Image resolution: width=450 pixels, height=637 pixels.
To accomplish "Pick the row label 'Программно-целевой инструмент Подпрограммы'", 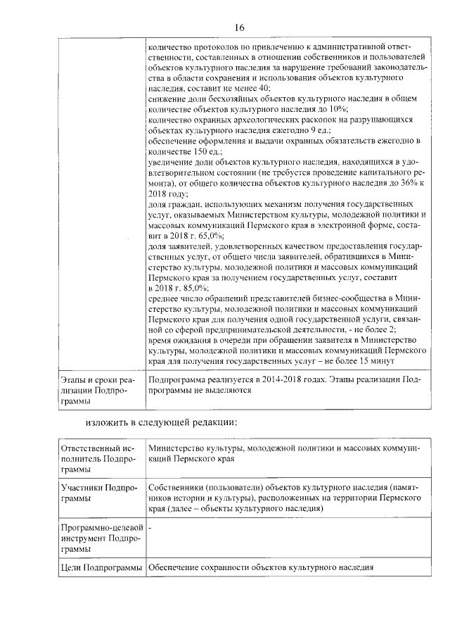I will tap(98, 538).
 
